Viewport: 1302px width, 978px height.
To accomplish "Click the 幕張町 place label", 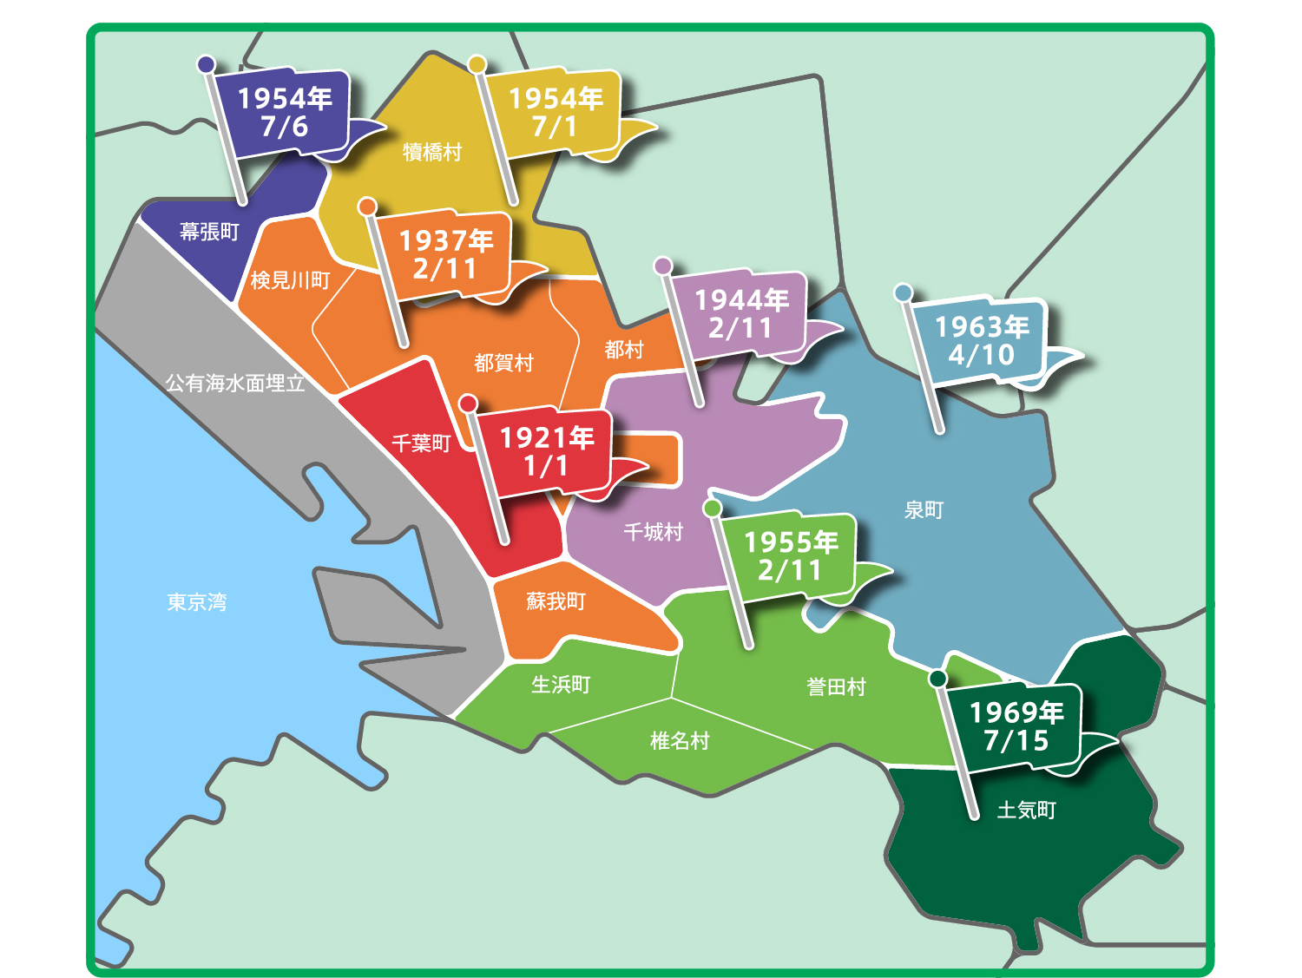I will tap(209, 232).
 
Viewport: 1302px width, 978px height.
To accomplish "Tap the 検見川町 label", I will tap(290, 280).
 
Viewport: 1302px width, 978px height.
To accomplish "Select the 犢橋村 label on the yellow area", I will tap(432, 153).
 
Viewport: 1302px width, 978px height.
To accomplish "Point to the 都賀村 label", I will tap(503, 363).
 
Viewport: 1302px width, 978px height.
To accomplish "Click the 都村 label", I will tap(624, 350).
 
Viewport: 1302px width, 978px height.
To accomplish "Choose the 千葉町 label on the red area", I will tap(421, 443).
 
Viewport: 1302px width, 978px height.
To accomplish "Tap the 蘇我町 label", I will tap(556, 601).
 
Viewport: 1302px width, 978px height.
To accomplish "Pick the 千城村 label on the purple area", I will tap(653, 532).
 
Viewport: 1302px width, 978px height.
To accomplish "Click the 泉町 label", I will tap(924, 510).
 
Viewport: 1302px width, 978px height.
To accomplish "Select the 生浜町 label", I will tap(561, 685).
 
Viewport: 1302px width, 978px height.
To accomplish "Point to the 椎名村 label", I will tap(680, 740).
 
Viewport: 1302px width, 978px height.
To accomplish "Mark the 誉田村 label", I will tap(836, 687).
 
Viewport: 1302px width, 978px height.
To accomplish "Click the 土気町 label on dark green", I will tap(1026, 811).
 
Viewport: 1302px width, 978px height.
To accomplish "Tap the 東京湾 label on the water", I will tap(197, 602).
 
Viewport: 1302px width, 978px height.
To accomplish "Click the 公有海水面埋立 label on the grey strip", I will tap(235, 383).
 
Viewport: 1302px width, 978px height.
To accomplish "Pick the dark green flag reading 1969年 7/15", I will tap(1015, 726).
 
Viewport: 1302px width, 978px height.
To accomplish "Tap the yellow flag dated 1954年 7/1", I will tap(555, 113).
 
